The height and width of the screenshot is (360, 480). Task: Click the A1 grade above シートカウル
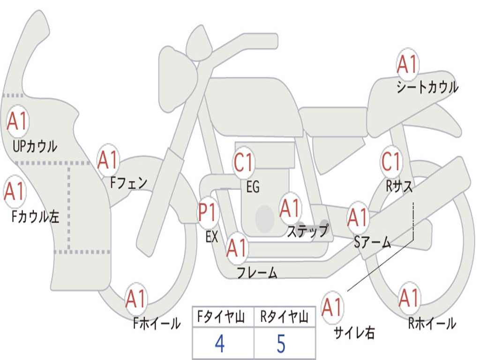coord(407,65)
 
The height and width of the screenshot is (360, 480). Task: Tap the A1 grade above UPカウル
coord(18,122)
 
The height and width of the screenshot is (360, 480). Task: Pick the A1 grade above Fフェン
coord(108,160)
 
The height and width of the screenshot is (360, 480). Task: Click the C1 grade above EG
coord(244,163)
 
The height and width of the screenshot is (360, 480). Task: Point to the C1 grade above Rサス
coord(391,161)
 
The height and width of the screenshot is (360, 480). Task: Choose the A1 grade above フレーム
coord(237,248)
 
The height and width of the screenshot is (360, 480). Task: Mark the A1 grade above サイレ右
coord(332,307)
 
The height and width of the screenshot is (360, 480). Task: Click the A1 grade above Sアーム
coord(358,218)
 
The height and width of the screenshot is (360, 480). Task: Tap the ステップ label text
coord(307,231)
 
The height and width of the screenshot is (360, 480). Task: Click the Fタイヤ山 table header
coord(223,318)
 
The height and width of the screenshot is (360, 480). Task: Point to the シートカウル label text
coord(427,88)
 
